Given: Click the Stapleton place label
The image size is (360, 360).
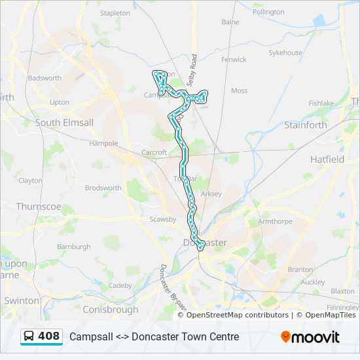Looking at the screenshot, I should [115, 12].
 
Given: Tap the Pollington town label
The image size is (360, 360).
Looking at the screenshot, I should [268, 12].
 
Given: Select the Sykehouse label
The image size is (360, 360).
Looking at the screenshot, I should [285, 52].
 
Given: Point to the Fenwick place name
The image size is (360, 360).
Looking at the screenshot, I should [233, 60].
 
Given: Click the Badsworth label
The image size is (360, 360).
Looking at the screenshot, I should [45, 78].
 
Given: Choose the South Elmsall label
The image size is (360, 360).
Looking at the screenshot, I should [64, 122].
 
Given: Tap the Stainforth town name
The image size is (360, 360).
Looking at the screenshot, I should [306, 125].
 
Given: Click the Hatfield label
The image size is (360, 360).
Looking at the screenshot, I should [327, 159].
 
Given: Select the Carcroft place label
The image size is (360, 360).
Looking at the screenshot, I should [154, 153].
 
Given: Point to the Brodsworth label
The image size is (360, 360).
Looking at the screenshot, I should [103, 188].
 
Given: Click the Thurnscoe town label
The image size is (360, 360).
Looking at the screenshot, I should [39, 206].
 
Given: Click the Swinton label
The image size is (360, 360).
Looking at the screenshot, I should [22, 300].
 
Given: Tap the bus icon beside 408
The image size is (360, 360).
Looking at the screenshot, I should [29, 336].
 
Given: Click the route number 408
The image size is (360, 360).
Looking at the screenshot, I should [49, 336].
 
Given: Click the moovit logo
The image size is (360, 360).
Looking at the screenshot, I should [310, 336].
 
